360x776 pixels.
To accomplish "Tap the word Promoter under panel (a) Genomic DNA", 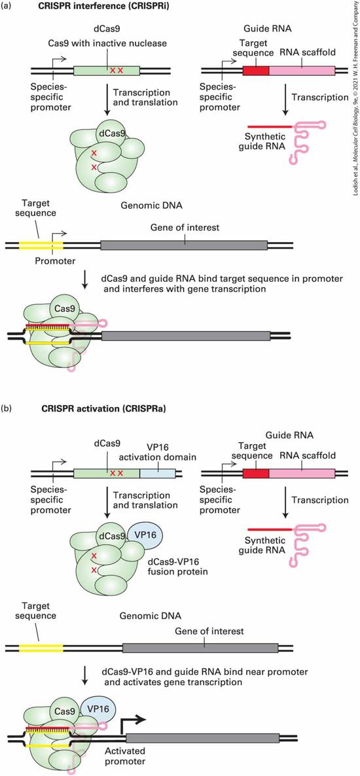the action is pos(54,260).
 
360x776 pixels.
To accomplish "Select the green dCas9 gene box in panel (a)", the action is pos(107,70).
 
